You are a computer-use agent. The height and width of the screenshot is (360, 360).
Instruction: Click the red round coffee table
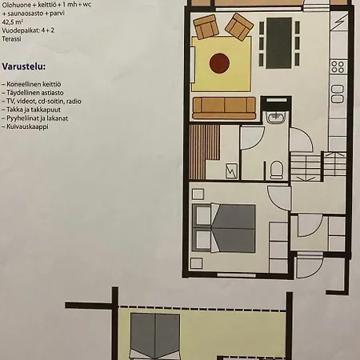(219, 63)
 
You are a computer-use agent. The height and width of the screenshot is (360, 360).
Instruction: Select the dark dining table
(279, 43)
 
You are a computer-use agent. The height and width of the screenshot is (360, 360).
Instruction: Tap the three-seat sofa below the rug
(224, 108)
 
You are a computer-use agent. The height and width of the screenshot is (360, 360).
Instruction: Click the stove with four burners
(338, 66)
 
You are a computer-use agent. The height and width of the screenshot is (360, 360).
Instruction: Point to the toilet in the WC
(276, 170)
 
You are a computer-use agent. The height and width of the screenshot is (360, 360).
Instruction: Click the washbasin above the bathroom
(276, 117)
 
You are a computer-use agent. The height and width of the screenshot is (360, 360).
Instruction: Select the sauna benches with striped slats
(204, 151)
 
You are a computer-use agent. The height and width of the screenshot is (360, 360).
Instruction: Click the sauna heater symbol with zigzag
(231, 170)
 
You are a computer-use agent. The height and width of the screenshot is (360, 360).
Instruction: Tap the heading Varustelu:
(24, 66)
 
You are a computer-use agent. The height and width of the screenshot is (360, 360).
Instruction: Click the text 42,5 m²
(12, 22)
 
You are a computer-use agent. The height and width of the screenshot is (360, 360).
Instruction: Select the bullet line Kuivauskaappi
(26, 126)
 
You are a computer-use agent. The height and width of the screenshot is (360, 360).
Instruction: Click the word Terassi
(11, 38)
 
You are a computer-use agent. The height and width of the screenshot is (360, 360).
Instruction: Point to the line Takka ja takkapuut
(31, 110)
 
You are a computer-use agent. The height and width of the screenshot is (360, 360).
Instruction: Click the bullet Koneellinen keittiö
(32, 84)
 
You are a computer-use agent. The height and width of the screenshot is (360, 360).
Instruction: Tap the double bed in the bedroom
(223, 228)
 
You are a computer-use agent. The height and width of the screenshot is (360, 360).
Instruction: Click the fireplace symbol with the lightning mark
(338, 22)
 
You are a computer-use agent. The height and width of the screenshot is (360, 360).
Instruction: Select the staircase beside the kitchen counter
(318, 166)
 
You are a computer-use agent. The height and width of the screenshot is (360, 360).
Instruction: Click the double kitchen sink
(338, 94)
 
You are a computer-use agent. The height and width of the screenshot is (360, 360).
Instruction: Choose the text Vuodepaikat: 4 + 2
(28, 30)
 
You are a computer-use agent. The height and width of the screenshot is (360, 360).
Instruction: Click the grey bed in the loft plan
(155, 337)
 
